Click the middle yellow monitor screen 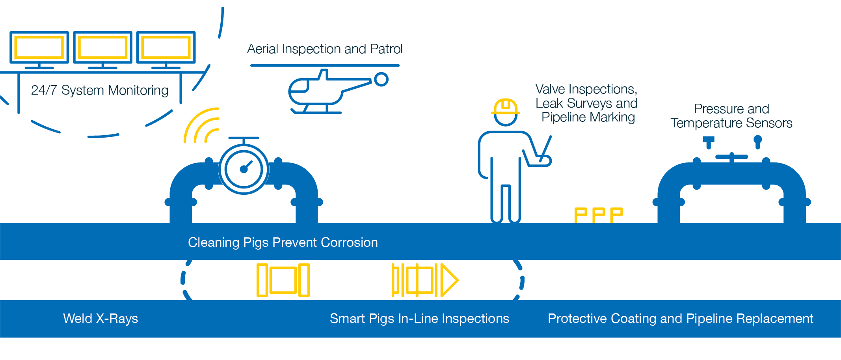click(102, 47)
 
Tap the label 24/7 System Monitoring click(100, 90)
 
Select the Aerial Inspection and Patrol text click(325, 49)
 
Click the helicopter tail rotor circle click(381, 79)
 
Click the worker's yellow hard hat click(506, 106)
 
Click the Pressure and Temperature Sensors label click(731, 116)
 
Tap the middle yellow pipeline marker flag click(599, 215)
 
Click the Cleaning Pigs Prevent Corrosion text click(283, 242)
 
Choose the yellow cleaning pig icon click(283, 280)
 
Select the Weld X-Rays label click(100, 319)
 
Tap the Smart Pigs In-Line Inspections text click(419, 319)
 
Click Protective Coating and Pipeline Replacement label click(680, 319)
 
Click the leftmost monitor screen click(39, 47)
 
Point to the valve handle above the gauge click(244, 138)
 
